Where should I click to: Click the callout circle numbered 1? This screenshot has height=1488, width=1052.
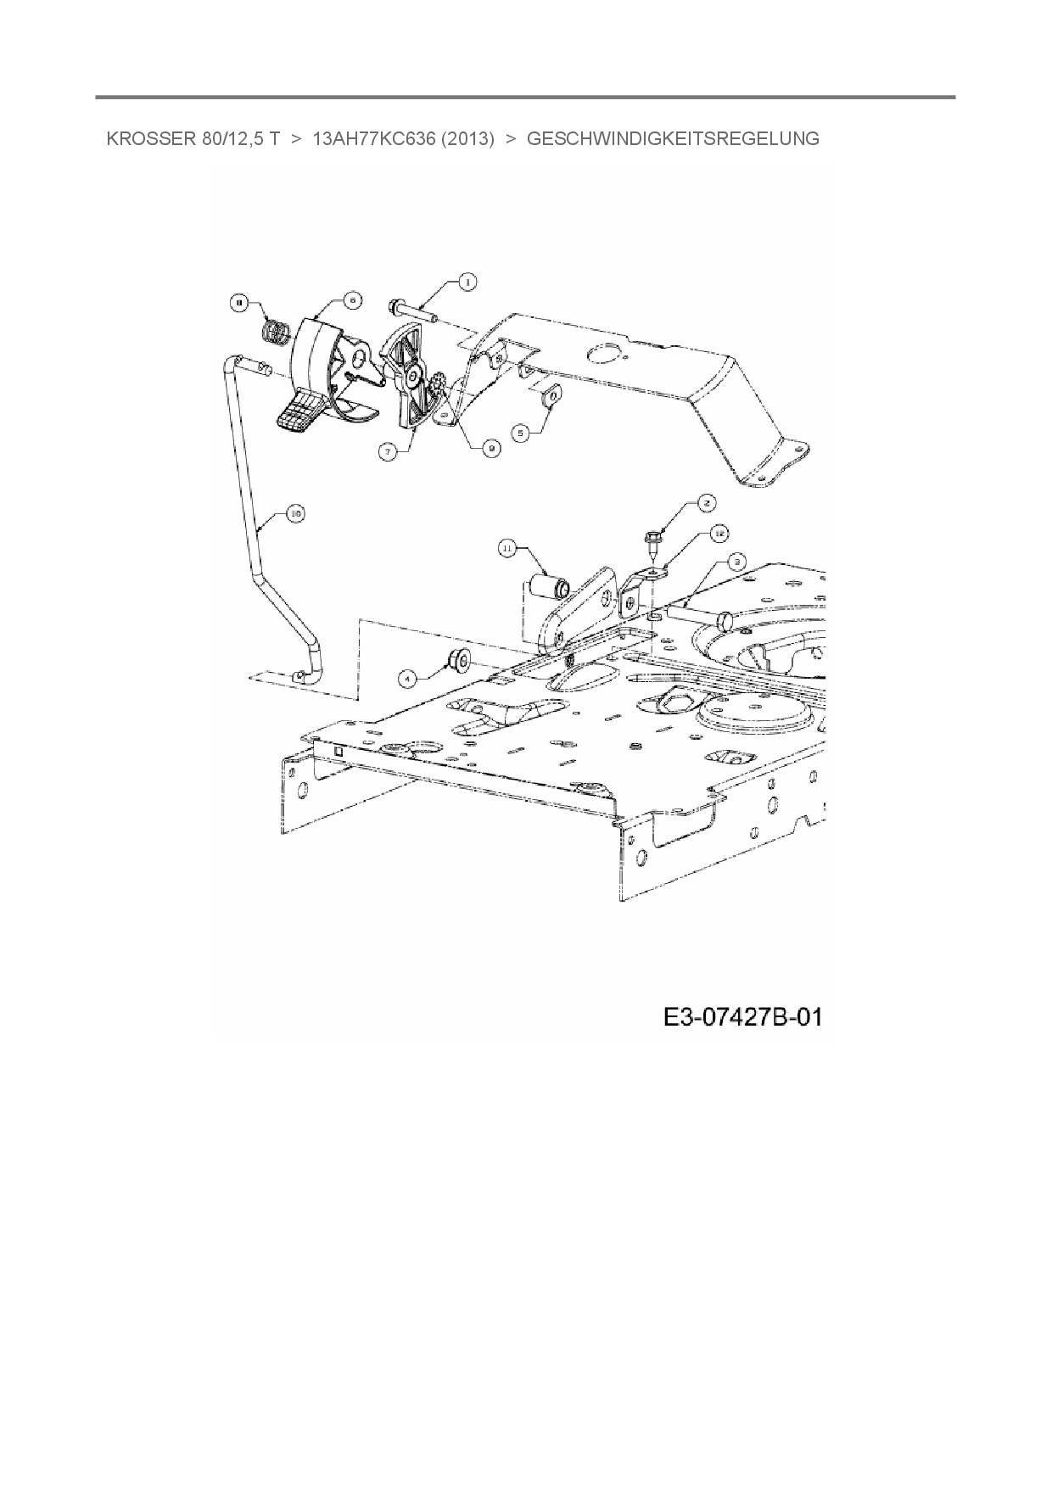pos(466,282)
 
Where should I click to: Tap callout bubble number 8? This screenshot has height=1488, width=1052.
pos(239,301)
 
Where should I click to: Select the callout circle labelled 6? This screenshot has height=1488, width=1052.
pos(352,299)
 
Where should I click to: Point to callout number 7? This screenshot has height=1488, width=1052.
pos(388,452)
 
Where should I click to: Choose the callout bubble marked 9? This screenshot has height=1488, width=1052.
pos(490,451)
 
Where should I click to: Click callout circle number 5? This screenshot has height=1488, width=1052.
pos(522,432)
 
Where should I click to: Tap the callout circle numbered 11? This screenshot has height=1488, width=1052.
pos(506,549)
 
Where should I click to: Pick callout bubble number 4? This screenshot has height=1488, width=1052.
pos(408,678)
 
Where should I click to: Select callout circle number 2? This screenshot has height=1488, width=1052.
pos(707,502)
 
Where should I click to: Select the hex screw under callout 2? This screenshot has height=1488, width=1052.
pos(656,540)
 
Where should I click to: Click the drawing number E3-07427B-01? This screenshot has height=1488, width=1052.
pos(742,1016)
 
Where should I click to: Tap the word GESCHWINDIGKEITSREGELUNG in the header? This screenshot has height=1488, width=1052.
pos(673,138)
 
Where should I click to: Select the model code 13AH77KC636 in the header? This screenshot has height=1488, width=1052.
pos(403,138)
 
